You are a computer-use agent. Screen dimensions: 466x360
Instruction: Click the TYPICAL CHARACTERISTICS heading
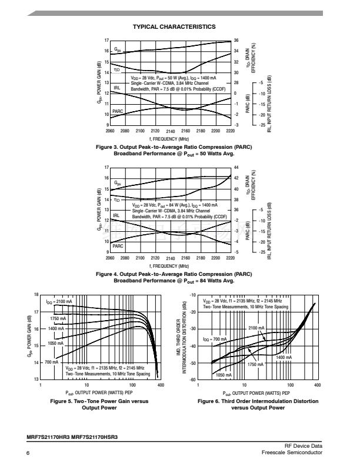[174, 26]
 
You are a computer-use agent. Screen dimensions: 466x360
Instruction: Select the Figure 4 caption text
[174, 277]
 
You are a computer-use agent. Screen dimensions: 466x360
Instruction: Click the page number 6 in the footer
[28, 451]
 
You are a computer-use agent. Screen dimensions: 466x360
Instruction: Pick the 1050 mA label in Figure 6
[224, 375]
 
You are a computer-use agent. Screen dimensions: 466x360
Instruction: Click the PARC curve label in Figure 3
[118, 111]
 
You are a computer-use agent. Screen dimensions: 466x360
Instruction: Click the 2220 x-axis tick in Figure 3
[230, 131]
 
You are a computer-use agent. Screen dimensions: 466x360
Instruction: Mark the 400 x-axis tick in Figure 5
[160, 384]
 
